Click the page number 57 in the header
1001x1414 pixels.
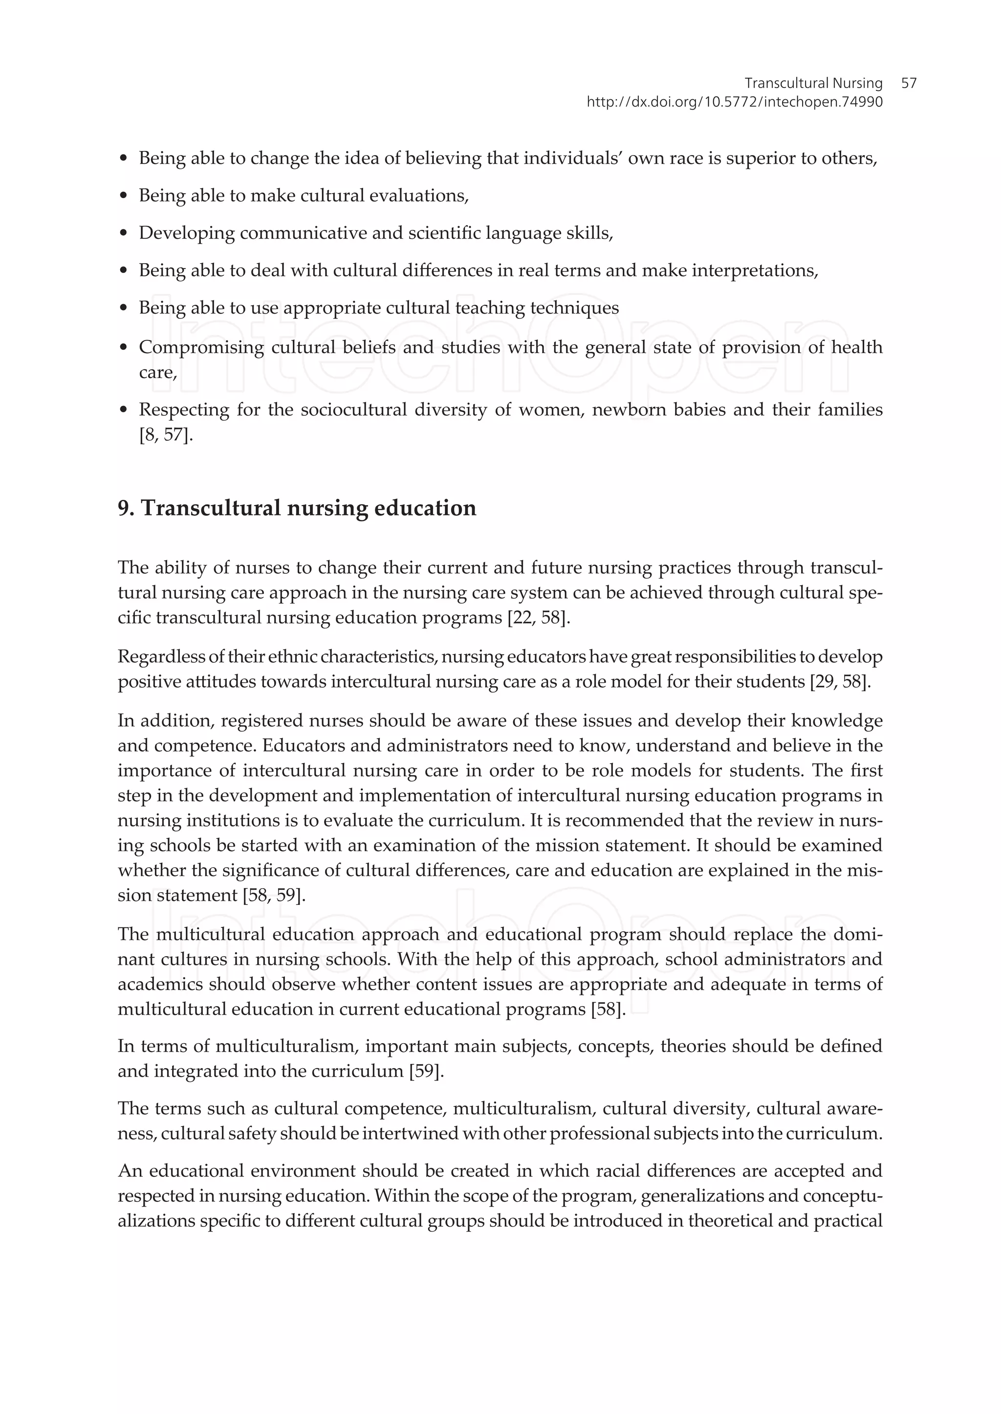point(908,83)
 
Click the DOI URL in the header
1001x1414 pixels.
point(734,102)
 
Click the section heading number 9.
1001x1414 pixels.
point(125,508)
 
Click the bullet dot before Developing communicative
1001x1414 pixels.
point(124,234)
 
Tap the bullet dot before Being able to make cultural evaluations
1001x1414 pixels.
point(124,196)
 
